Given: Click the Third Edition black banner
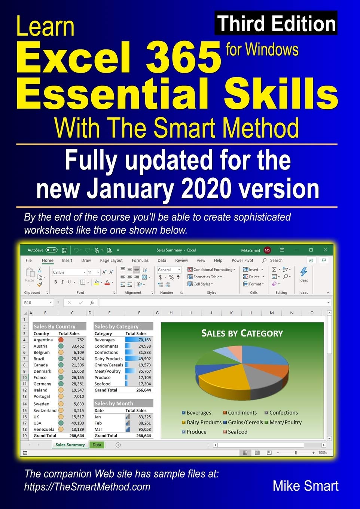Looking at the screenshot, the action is pos(276,23).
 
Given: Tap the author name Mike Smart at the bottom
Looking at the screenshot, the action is pos(305,486).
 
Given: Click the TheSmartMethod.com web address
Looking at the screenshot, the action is pos(87,487).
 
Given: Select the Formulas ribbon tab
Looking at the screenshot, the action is pos(140,260).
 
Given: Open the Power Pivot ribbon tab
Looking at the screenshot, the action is pos(242,260).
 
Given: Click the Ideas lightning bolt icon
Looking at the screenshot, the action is pos(303,272).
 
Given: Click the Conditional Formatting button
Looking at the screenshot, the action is pos(211,269).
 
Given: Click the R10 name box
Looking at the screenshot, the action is pos(38,303).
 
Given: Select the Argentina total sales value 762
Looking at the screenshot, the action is pos(80,340).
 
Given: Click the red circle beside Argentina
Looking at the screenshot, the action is pos(61,340).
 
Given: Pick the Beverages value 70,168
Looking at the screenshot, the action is pos(144,340).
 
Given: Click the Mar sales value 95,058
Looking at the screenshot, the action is pos(144,429).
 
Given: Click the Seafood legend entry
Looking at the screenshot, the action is pos(235,432).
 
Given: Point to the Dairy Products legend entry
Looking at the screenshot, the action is pos(202,422).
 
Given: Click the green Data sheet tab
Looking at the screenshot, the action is pos(97,445).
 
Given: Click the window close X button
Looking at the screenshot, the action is pos(326,250).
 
